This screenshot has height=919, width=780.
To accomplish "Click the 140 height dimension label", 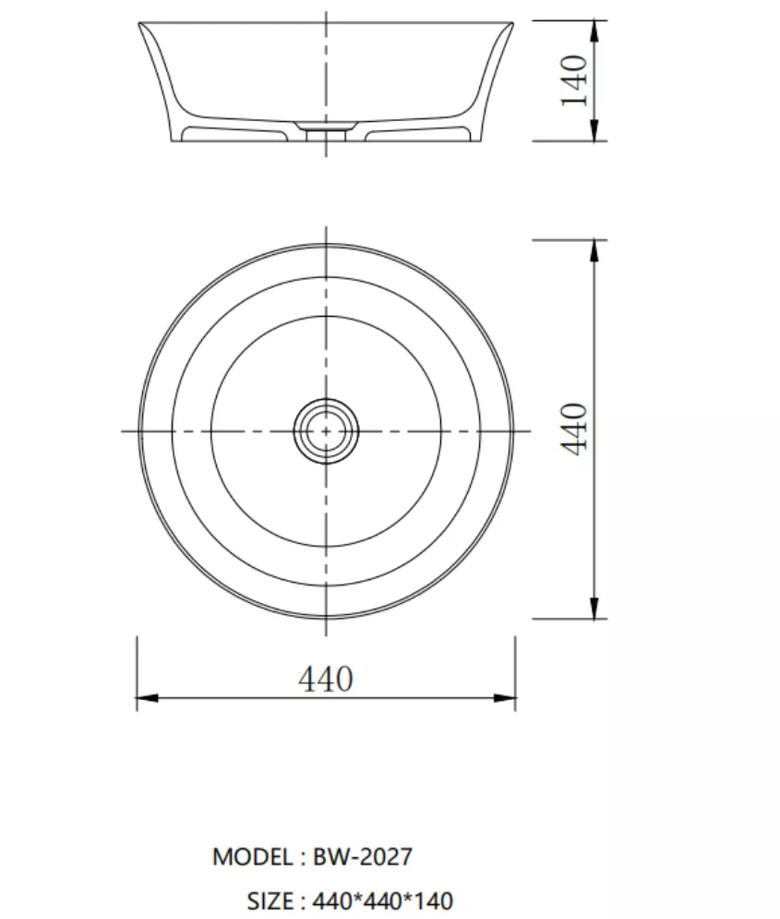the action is (574, 80).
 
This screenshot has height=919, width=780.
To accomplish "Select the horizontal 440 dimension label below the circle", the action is (326, 679).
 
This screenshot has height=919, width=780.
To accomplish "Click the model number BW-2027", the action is (363, 857).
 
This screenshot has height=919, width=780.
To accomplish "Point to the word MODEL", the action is (253, 857).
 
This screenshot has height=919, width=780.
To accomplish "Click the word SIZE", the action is (270, 901).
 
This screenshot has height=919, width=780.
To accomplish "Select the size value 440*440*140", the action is (383, 901).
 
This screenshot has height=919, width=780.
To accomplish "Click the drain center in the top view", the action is (326, 431).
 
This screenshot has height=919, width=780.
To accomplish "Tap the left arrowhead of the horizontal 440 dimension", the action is (147, 698).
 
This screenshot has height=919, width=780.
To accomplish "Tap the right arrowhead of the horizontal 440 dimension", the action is (505, 698).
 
